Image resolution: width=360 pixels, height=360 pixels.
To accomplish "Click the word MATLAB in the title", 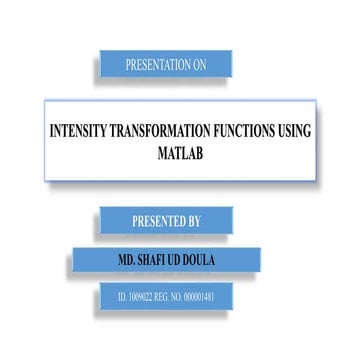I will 180,155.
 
